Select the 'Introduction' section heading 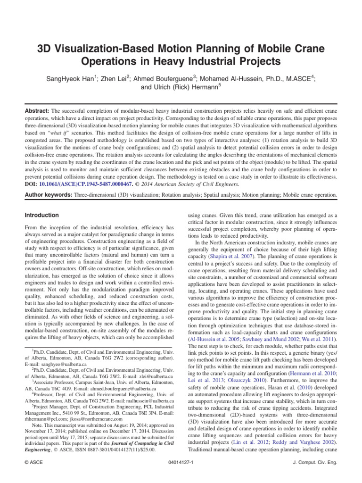coord(41,215)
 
